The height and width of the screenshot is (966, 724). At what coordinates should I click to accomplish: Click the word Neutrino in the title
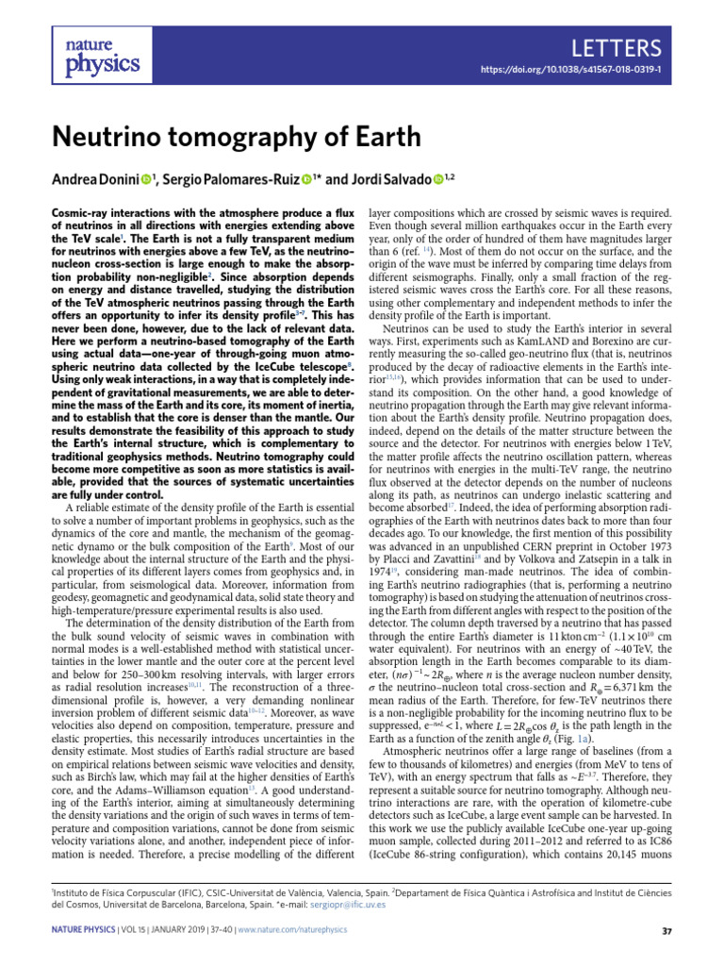point(111,137)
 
